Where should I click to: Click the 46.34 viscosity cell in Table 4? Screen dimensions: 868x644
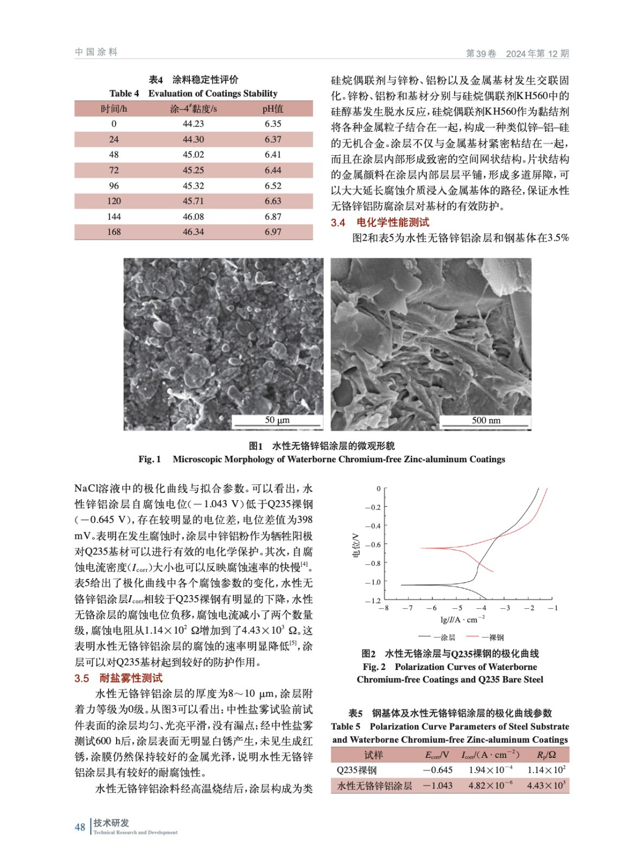point(193,232)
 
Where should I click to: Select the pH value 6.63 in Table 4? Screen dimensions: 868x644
point(273,201)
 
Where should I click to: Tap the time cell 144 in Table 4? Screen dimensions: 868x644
point(114,216)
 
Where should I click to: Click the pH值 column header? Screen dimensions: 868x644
point(273,109)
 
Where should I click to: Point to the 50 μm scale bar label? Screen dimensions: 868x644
point(277,420)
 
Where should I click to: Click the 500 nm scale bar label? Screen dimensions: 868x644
point(486,420)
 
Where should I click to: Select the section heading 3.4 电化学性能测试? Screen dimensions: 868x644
point(380,222)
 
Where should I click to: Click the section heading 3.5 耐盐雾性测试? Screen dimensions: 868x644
point(118,678)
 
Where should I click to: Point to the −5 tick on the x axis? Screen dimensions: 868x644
point(457,608)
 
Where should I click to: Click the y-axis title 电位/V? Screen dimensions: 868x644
point(356,545)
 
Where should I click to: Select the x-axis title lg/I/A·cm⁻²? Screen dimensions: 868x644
point(462,620)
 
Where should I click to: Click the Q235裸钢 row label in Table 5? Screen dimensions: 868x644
point(356,770)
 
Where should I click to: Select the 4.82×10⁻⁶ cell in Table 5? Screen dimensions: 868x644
point(490,786)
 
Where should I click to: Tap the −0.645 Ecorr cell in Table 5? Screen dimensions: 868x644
point(438,770)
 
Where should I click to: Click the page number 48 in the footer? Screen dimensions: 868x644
point(80,827)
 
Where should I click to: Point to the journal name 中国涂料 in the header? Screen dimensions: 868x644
point(96,52)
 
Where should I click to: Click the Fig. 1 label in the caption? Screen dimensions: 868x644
point(150,459)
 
